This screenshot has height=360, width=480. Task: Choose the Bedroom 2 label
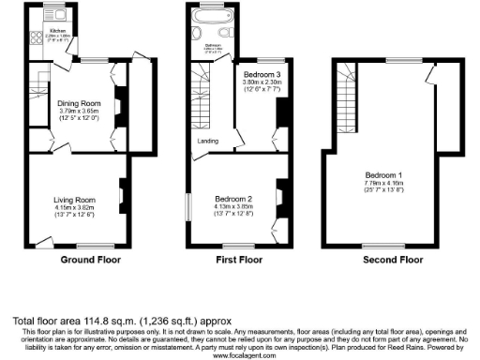click(234, 200)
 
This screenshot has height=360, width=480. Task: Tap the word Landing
click(208, 142)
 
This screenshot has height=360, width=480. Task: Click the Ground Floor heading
click(91, 259)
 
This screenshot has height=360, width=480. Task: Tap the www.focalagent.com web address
click(240, 355)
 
